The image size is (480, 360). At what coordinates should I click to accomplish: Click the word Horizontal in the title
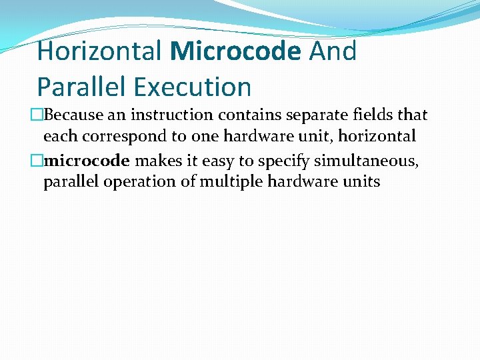[99, 51]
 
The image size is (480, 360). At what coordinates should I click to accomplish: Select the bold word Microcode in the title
[235, 51]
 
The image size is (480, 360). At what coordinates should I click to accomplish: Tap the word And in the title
[333, 51]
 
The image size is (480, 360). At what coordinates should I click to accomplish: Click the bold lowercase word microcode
[87, 161]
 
